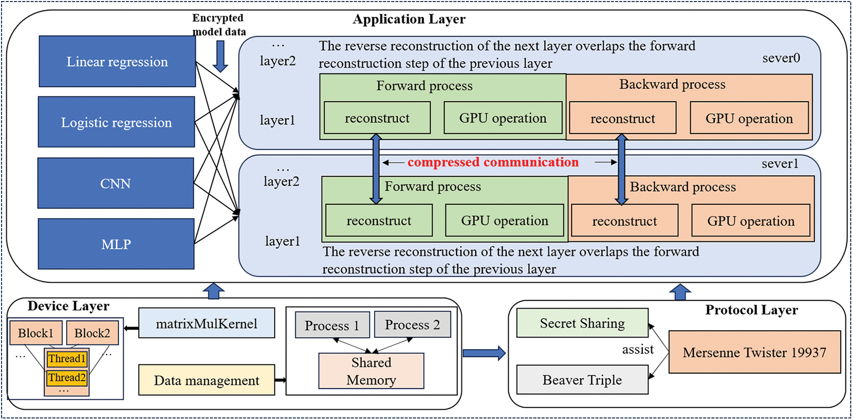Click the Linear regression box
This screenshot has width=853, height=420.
tap(117, 61)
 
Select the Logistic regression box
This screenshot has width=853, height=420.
tap(116, 122)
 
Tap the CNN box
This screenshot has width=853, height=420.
tap(115, 183)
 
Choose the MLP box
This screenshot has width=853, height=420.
tap(116, 244)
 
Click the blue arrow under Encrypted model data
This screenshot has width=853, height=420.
tap(221, 56)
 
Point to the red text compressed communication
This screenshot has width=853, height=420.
tap(493, 162)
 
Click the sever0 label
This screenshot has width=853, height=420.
tap(781, 58)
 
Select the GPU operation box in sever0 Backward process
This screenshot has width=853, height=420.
tap(749, 119)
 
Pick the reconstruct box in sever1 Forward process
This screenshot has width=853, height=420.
tap(379, 221)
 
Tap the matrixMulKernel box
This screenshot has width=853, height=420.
tap(206, 324)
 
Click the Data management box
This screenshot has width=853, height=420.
tap(206, 381)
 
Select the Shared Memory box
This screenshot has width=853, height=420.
tap(371, 371)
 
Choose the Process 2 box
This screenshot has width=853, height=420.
tap(412, 325)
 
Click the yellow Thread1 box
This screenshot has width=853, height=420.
tap(66, 359)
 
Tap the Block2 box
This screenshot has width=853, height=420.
tap(92, 333)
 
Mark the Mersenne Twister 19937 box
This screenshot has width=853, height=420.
tap(754, 352)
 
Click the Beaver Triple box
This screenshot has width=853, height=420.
tap(582, 380)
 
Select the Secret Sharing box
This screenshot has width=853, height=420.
tap(582, 324)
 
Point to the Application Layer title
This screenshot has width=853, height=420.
tap(409, 20)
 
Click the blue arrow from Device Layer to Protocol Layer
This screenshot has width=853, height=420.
tap(483, 353)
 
